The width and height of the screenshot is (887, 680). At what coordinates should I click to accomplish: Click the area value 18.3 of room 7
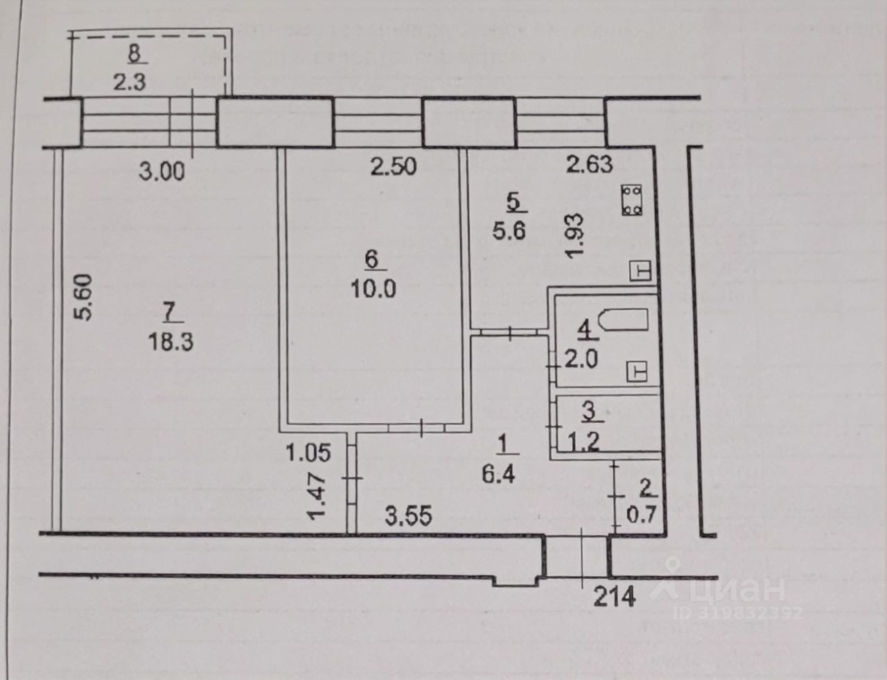pyautogui.click(x=170, y=342)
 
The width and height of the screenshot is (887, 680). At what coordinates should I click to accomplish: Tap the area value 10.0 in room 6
pyautogui.click(x=374, y=288)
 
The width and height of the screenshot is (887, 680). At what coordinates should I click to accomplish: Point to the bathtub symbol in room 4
pyautogui.click(x=622, y=321)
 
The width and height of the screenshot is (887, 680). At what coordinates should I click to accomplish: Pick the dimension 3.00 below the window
pyautogui.click(x=161, y=171)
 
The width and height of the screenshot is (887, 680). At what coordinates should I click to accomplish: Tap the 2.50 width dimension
pyautogui.click(x=393, y=166)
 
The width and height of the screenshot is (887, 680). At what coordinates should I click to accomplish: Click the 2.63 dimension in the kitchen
pyautogui.click(x=590, y=164)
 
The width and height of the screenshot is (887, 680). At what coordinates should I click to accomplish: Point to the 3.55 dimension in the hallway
pyautogui.click(x=409, y=516)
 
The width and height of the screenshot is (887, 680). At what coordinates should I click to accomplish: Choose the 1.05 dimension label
pyautogui.click(x=308, y=453)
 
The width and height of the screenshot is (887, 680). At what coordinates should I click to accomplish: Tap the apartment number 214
pyautogui.click(x=614, y=595)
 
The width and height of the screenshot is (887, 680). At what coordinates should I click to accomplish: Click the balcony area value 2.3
pyautogui.click(x=130, y=82)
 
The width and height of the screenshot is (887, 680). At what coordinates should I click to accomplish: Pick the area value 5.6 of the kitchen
pyautogui.click(x=509, y=229)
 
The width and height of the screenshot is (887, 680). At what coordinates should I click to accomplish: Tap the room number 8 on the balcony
pyautogui.click(x=133, y=53)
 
